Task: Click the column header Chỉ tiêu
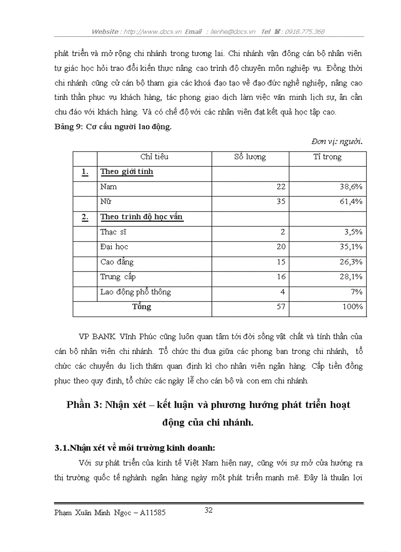154,157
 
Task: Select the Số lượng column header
250,157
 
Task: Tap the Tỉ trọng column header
327,157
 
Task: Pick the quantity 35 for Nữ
281,202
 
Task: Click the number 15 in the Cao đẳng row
281,262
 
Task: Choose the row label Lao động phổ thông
136,292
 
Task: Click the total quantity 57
281,307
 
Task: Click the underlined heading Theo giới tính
127,172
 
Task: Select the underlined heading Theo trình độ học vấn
142,217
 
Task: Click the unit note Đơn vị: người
337,142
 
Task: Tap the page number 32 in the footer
208,510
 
